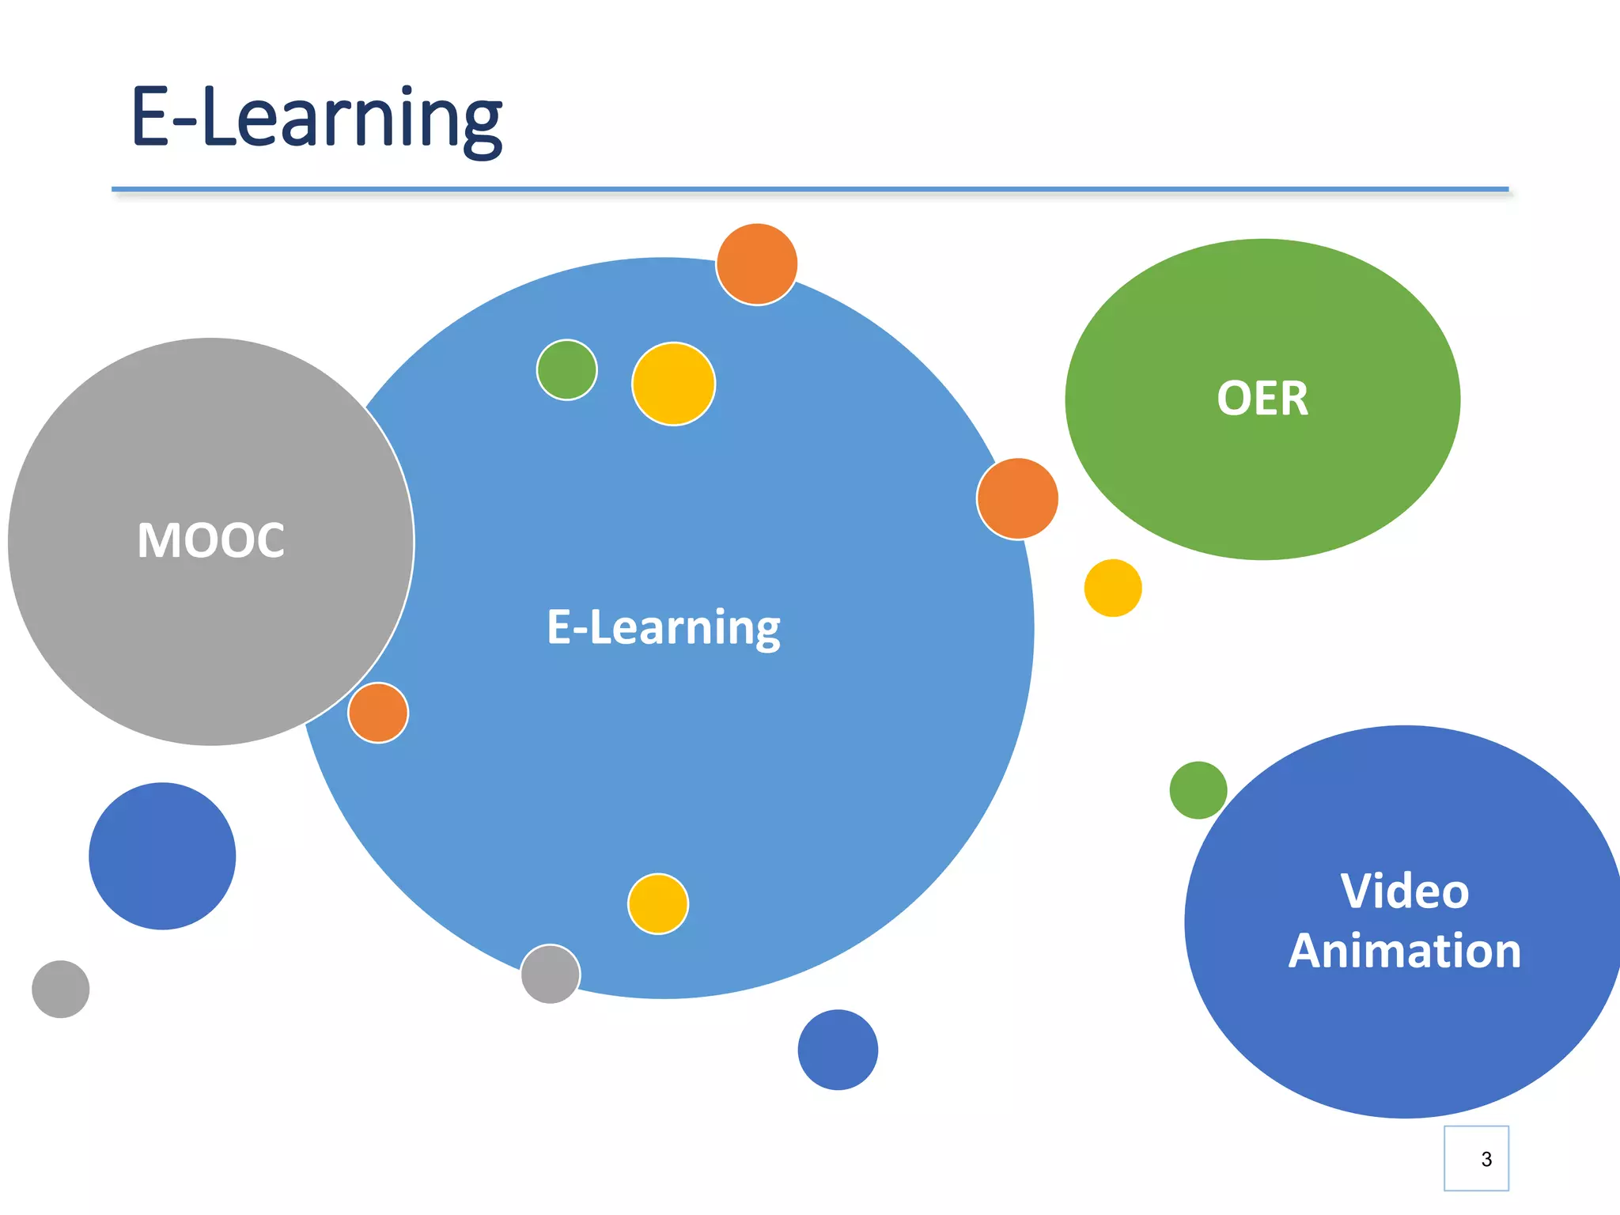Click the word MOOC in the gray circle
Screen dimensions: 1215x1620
pos(210,541)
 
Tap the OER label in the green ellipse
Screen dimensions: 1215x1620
pos(1262,399)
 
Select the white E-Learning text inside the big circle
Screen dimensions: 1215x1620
pos(664,627)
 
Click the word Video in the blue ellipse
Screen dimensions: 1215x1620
pos(1405,891)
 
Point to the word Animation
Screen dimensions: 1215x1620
pos(1405,951)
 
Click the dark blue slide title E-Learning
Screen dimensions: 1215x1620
pos(316,118)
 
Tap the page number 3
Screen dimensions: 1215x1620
pos(1486,1159)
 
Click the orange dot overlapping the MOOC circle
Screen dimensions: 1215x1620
pos(378,713)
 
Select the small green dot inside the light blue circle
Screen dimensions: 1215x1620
pos(567,370)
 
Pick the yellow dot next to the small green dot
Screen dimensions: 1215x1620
pos(674,384)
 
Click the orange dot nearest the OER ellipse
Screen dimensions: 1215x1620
pos(1018,499)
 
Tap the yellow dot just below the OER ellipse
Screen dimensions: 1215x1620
pos(1113,588)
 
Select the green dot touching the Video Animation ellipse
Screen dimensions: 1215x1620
pos(1198,790)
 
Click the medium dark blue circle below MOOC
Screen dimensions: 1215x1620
pos(162,856)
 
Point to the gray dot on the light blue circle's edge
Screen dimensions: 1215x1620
pos(551,974)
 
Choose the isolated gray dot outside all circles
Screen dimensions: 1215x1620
pos(61,989)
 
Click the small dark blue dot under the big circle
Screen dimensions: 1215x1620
pos(838,1050)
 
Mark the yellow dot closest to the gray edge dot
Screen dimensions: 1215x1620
pos(658,904)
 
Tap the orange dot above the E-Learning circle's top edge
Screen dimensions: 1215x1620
pos(757,264)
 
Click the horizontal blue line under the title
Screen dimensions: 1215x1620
pos(810,190)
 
